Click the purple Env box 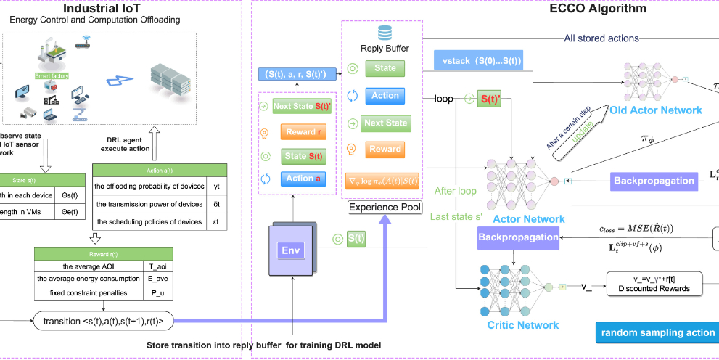click(289, 250)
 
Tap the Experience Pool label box click(385, 207)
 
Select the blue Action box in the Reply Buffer click(385, 95)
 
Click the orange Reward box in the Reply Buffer click(385, 149)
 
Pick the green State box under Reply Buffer click(385, 68)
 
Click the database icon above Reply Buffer click(385, 33)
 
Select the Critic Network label click(523, 325)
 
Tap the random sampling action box click(657, 332)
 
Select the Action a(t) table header click(160, 170)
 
